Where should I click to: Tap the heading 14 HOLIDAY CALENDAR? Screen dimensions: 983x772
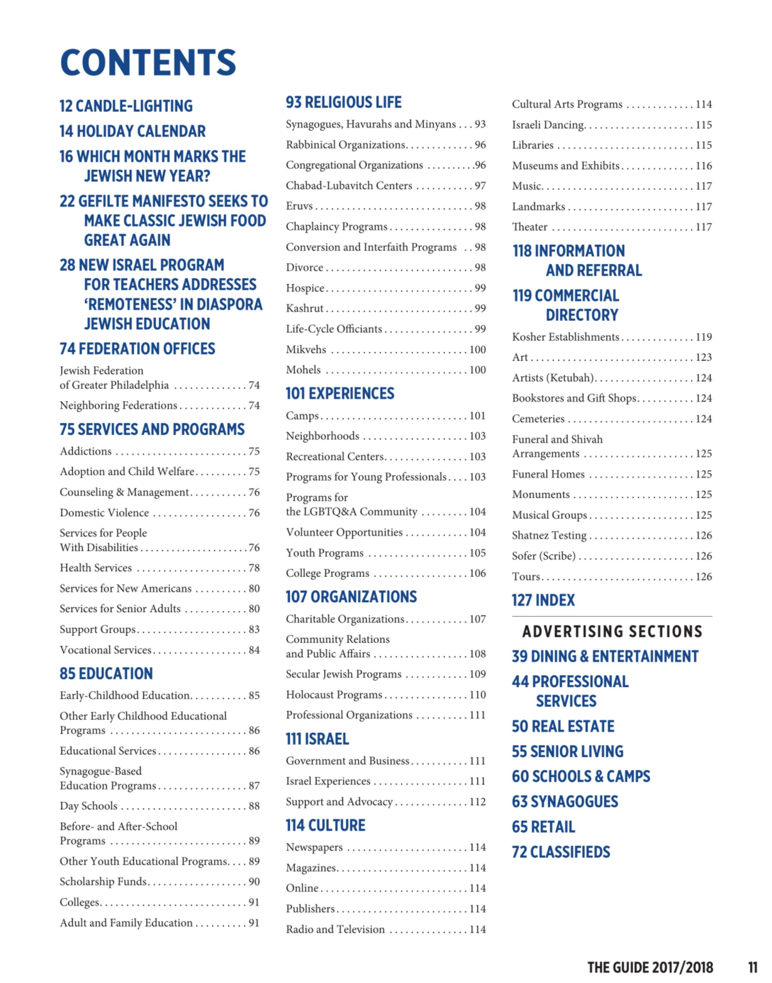click(132, 131)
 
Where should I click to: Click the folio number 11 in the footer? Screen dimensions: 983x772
click(753, 967)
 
